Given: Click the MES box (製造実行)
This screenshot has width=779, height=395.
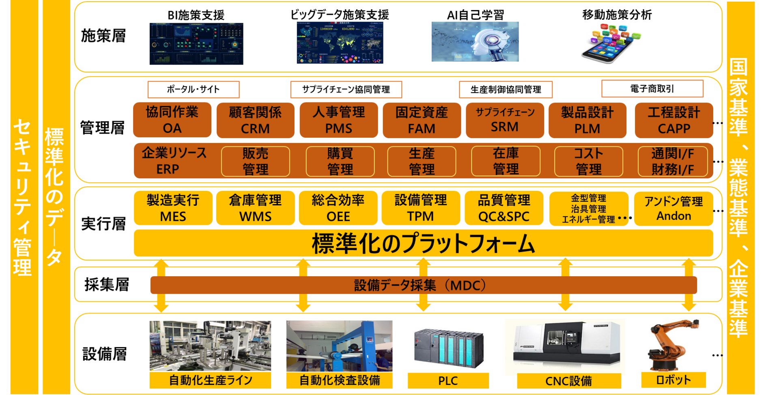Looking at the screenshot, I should [x=173, y=208].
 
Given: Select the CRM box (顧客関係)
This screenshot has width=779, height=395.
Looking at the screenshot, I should [x=255, y=120].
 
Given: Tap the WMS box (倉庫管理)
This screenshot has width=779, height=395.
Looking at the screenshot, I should [x=255, y=208].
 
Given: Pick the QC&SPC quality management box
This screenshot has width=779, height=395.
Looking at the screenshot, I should [x=504, y=208].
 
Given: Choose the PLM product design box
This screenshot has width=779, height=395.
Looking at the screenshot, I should [x=587, y=120].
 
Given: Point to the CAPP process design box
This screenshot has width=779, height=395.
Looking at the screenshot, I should [x=674, y=120].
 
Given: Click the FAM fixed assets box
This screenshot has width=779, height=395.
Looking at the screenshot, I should [x=422, y=120].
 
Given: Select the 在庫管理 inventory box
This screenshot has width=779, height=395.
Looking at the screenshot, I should [x=506, y=161].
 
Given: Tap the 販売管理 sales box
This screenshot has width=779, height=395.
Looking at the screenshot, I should [x=255, y=161].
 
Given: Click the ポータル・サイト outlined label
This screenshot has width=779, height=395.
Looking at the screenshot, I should [x=193, y=89].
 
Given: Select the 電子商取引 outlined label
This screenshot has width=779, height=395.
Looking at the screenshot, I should [x=652, y=88].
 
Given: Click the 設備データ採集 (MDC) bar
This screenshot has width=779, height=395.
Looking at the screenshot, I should [x=423, y=285].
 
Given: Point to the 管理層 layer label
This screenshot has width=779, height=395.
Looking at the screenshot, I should [x=102, y=128].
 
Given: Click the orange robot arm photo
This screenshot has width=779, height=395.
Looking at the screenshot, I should [x=674, y=345].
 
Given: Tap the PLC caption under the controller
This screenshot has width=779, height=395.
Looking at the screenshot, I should [x=448, y=381].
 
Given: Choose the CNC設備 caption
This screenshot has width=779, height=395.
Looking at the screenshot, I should [x=568, y=381].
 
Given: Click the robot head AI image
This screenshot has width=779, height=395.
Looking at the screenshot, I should [x=475, y=42].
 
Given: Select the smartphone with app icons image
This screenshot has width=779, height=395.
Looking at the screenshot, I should [x=611, y=44].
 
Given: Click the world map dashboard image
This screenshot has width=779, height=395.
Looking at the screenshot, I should [x=340, y=43].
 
